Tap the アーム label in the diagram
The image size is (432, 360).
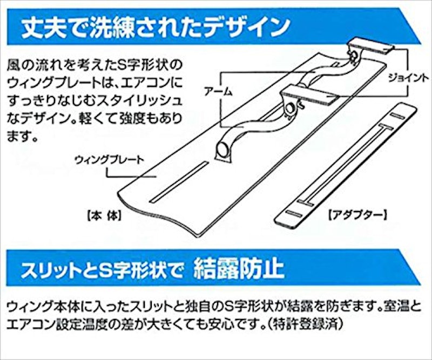[219, 91]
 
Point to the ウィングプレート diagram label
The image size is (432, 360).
[110, 160]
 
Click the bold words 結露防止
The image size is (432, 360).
[239, 269]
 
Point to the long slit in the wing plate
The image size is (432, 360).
[179, 182]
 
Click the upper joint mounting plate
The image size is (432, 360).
[371, 47]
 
